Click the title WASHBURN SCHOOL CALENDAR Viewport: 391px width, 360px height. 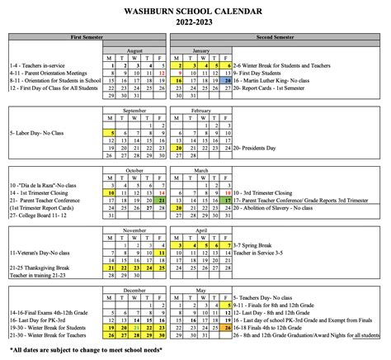(195, 12)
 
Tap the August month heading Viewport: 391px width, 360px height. (134, 49)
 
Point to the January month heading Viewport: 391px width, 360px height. (200, 49)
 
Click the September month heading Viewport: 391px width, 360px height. (134, 109)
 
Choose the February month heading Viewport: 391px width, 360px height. (200, 109)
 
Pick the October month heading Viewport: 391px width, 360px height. (134, 169)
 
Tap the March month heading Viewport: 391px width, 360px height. (200, 169)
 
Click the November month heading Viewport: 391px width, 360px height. (134, 230)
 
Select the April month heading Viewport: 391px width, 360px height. (200, 230)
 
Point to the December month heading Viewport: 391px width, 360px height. (134, 291)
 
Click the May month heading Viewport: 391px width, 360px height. (200, 291)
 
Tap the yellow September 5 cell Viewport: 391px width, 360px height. (110, 132)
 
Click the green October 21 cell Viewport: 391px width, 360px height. (162, 200)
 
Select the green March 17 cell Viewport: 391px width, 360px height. (226, 200)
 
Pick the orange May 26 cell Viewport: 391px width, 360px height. (226, 329)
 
